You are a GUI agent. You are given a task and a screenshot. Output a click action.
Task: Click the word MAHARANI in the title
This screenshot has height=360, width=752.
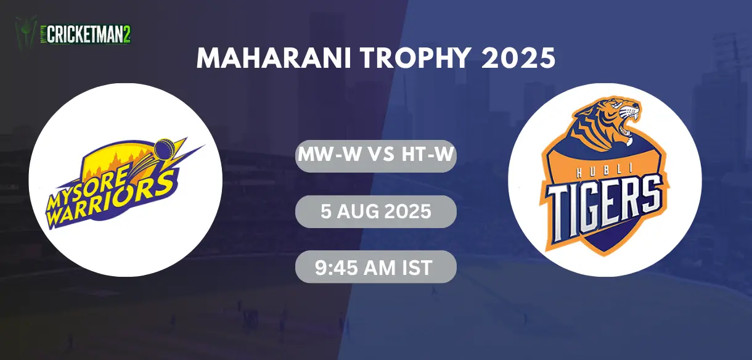[x=274, y=59]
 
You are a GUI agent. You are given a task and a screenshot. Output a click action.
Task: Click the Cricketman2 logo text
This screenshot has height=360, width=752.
[x=89, y=35]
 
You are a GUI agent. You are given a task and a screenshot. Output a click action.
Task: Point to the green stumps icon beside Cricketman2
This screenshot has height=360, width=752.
[x=26, y=33]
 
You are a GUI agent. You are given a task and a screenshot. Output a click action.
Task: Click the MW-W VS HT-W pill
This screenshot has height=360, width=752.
[x=375, y=156]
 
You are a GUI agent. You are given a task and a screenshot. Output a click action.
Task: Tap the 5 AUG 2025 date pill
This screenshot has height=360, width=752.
[x=375, y=211]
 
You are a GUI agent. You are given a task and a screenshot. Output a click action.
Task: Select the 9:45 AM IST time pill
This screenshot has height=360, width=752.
[x=375, y=267]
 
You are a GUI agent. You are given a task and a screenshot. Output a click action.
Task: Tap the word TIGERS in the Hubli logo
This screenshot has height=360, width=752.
[x=603, y=208]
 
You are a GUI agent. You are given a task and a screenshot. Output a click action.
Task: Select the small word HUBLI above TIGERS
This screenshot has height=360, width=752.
[x=604, y=172]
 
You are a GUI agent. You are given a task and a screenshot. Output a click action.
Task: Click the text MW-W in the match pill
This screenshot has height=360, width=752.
[x=330, y=155]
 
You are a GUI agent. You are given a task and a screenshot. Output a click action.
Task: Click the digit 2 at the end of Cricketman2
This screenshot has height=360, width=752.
[x=126, y=35]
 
